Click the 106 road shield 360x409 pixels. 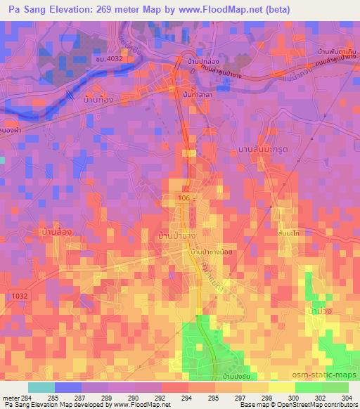pos(184,199)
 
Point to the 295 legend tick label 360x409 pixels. pos(207,398)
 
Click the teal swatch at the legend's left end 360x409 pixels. pos(41,387)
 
